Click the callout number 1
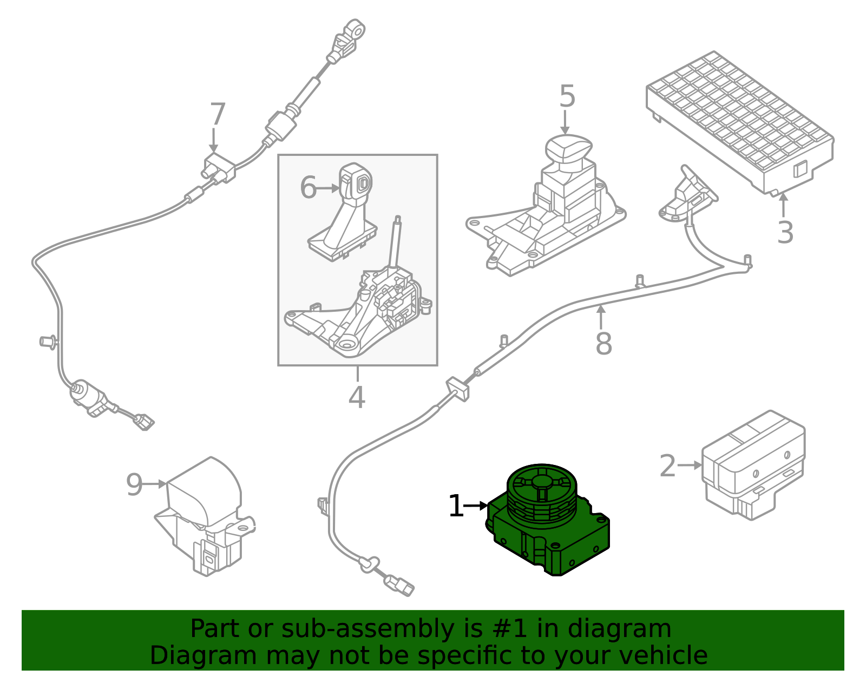point(456,506)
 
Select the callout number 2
point(668,465)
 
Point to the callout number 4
point(357,397)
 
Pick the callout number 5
point(568,96)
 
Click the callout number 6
point(308,188)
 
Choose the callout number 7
point(218,114)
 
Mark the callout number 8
point(603,343)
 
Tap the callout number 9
point(134,484)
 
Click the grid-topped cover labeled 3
point(740,123)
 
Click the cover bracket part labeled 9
point(205,516)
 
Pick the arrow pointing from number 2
point(690,465)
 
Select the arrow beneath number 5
point(565,122)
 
